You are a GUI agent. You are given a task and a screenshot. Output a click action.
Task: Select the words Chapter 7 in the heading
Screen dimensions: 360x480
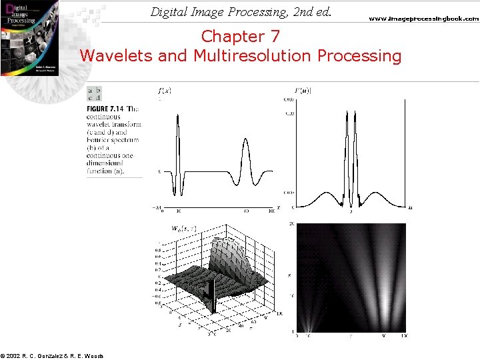click(x=241, y=35)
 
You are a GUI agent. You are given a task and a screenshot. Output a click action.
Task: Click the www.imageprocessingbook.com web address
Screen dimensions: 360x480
click(x=424, y=19)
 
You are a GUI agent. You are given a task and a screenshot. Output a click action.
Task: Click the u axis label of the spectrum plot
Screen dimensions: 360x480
click(x=410, y=209)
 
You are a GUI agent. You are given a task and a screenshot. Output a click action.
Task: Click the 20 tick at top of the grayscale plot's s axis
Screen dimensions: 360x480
click(x=291, y=225)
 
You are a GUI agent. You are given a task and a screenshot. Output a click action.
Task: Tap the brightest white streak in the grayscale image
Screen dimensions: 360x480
click(x=384, y=307)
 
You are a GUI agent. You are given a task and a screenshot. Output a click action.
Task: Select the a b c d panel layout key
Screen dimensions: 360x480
click(x=94, y=94)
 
